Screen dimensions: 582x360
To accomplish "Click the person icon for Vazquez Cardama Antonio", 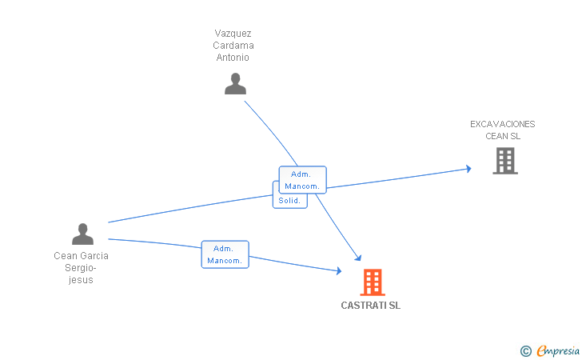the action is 235,83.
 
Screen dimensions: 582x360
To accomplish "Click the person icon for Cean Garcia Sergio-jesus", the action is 82,234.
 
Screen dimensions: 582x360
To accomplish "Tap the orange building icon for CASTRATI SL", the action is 373,282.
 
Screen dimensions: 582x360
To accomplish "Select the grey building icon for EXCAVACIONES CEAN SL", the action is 505,161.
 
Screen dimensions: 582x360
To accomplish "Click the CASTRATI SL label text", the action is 370,306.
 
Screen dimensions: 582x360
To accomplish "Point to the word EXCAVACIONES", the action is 503,124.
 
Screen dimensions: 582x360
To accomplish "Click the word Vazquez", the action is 233,34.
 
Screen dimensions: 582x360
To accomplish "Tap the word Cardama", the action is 233,46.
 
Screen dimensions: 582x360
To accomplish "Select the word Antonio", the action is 233,58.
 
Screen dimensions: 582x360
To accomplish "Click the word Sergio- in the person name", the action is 81,268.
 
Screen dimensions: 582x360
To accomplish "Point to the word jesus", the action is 81,280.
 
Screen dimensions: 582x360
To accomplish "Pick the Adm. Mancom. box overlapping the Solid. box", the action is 302,180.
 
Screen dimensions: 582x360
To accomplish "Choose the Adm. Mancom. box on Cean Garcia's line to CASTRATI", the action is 225,254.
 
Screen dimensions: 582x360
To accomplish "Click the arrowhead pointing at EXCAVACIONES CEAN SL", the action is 468,169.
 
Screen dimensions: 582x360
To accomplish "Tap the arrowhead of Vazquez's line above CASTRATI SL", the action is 358,258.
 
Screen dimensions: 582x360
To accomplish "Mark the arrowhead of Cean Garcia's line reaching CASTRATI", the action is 339,271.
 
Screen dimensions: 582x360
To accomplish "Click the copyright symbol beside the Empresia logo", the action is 526,351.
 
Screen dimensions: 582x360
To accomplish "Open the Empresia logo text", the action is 558,350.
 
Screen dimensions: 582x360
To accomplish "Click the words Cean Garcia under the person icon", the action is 81,256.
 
